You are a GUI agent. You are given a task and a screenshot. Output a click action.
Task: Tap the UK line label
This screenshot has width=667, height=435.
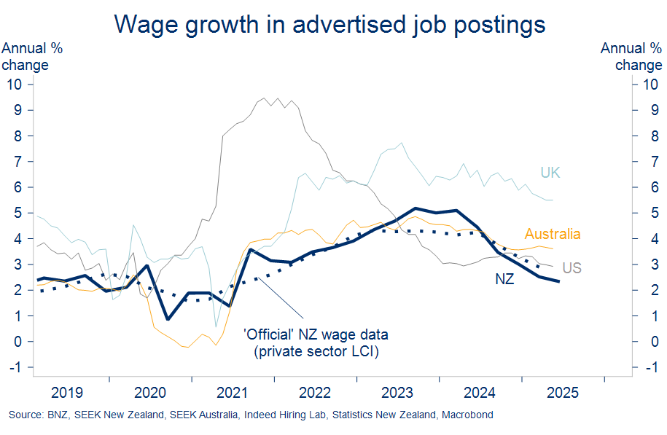click(550, 173)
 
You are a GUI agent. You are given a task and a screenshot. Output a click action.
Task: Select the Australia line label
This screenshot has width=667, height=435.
click(553, 234)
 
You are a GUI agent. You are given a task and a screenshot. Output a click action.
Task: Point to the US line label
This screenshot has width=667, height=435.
click(572, 268)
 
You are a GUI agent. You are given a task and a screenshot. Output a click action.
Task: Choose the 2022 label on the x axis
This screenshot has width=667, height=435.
click(315, 393)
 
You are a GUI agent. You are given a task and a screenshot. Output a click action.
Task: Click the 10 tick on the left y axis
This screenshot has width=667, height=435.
click(15, 85)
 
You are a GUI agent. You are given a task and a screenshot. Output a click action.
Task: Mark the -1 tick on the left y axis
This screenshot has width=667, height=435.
click(15, 367)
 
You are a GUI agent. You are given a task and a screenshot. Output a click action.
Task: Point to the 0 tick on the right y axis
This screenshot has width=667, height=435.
click(641, 342)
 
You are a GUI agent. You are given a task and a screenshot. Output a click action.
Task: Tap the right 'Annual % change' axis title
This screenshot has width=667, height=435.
click(631, 57)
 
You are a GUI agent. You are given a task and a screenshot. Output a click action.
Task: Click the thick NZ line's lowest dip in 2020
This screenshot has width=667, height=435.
click(168, 319)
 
